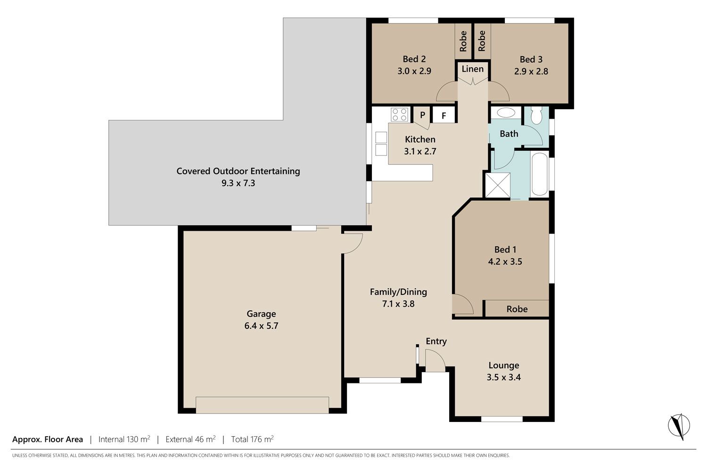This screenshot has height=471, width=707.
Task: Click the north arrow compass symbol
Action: tap(679, 426)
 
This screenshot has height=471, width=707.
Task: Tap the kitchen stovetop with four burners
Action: tap(399, 114)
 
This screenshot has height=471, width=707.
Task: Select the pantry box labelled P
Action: tap(423, 115)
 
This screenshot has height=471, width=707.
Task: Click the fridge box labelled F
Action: tap(444, 115)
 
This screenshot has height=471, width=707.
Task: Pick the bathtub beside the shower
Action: tap(540, 174)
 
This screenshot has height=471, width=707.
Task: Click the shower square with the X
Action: tap(498, 185)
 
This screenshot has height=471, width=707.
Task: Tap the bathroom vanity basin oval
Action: tap(506, 113)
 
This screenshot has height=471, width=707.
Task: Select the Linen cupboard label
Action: tap(472, 69)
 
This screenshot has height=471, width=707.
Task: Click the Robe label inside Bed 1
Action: tap(517, 309)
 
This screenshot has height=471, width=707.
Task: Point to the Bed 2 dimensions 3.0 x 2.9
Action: tap(414, 71)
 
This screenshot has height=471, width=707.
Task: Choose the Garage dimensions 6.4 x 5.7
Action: tap(261, 325)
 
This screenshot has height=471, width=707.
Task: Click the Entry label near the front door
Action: tap(436, 341)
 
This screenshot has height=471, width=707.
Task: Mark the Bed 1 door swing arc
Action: tap(463, 304)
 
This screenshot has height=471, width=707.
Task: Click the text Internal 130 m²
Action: tap(124, 439)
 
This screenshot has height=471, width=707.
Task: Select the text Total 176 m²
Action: tap(253, 439)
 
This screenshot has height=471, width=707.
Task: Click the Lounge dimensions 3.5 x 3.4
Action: tap(504, 377)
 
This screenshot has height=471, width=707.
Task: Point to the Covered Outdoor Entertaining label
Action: tap(238, 171)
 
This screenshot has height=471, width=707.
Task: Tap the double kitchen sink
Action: tap(381, 144)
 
